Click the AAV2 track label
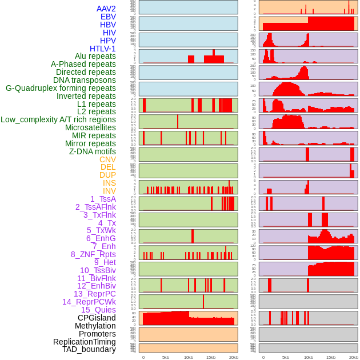pos(106,9)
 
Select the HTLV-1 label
pos(102,49)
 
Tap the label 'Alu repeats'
pos(95,56)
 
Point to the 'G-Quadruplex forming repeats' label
pos(61,88)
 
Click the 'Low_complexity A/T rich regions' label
pos(58,119)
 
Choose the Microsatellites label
pos(90,127)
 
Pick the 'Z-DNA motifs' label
pos(92,151)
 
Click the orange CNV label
pos(107,159)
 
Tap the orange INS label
pos(109,183)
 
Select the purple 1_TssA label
pos(103,199)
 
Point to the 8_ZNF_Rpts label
pos(93,254)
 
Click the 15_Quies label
pos(98,310)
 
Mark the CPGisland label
pos(97,318)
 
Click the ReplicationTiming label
pos(85,342)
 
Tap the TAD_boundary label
pos(89,349)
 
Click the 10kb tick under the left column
pos(188,357)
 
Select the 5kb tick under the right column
pos(286,357)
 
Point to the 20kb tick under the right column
pos(353,357)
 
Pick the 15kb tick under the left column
pos(210,357)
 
